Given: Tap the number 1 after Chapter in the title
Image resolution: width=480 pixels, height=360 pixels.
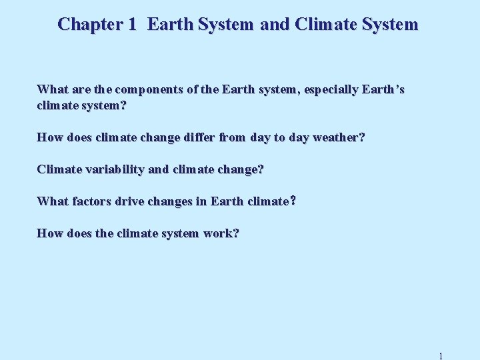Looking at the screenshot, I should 132,25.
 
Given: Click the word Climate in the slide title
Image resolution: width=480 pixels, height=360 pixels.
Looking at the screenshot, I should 322,25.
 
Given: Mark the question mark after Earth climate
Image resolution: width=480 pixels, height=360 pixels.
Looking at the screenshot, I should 293,201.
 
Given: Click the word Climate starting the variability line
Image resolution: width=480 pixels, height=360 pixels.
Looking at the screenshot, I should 59,169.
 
